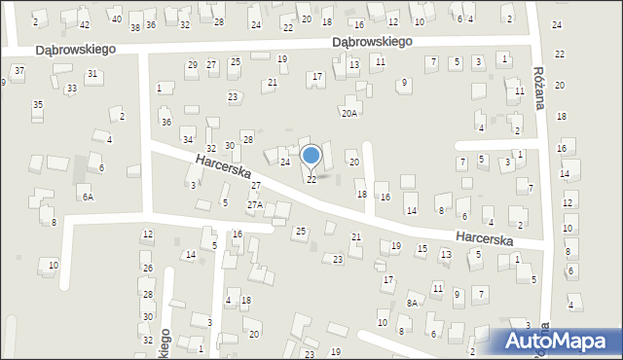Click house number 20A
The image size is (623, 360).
click(x=348, y=114)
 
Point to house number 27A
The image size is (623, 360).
click(x=255, y=204)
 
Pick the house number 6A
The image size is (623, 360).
click(x=88, y=197)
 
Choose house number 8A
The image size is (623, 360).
click(x=412, y=304)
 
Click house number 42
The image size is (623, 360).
click(x=85, y=24)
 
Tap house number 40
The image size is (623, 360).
click(x=116, y=19)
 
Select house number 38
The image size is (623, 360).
click(x=135, y=26)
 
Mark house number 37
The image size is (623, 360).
click(x=19, y=71)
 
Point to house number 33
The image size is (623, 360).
click(x=71, y=89)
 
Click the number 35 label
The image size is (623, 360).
click(x=37, y=104)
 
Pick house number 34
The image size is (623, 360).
click(x=187, y=140)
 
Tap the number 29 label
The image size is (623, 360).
click(x=192, y=64)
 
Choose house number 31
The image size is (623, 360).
click(x=92, y=74)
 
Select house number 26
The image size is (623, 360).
click(x=147, y=268)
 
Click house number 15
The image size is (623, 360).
click(x=421, y=248)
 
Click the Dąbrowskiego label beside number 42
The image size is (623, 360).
click(x=75, y=48)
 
